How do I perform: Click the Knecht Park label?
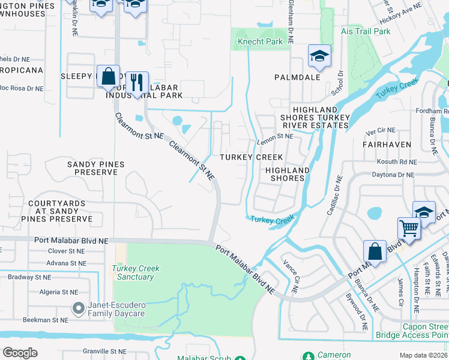260,42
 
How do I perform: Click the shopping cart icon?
409,228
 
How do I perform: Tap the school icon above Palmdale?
320,56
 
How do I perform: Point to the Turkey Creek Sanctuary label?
136,272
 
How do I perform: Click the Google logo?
20,352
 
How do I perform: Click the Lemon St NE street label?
274,136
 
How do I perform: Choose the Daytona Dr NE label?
394,175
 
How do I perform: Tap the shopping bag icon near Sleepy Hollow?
108,76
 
